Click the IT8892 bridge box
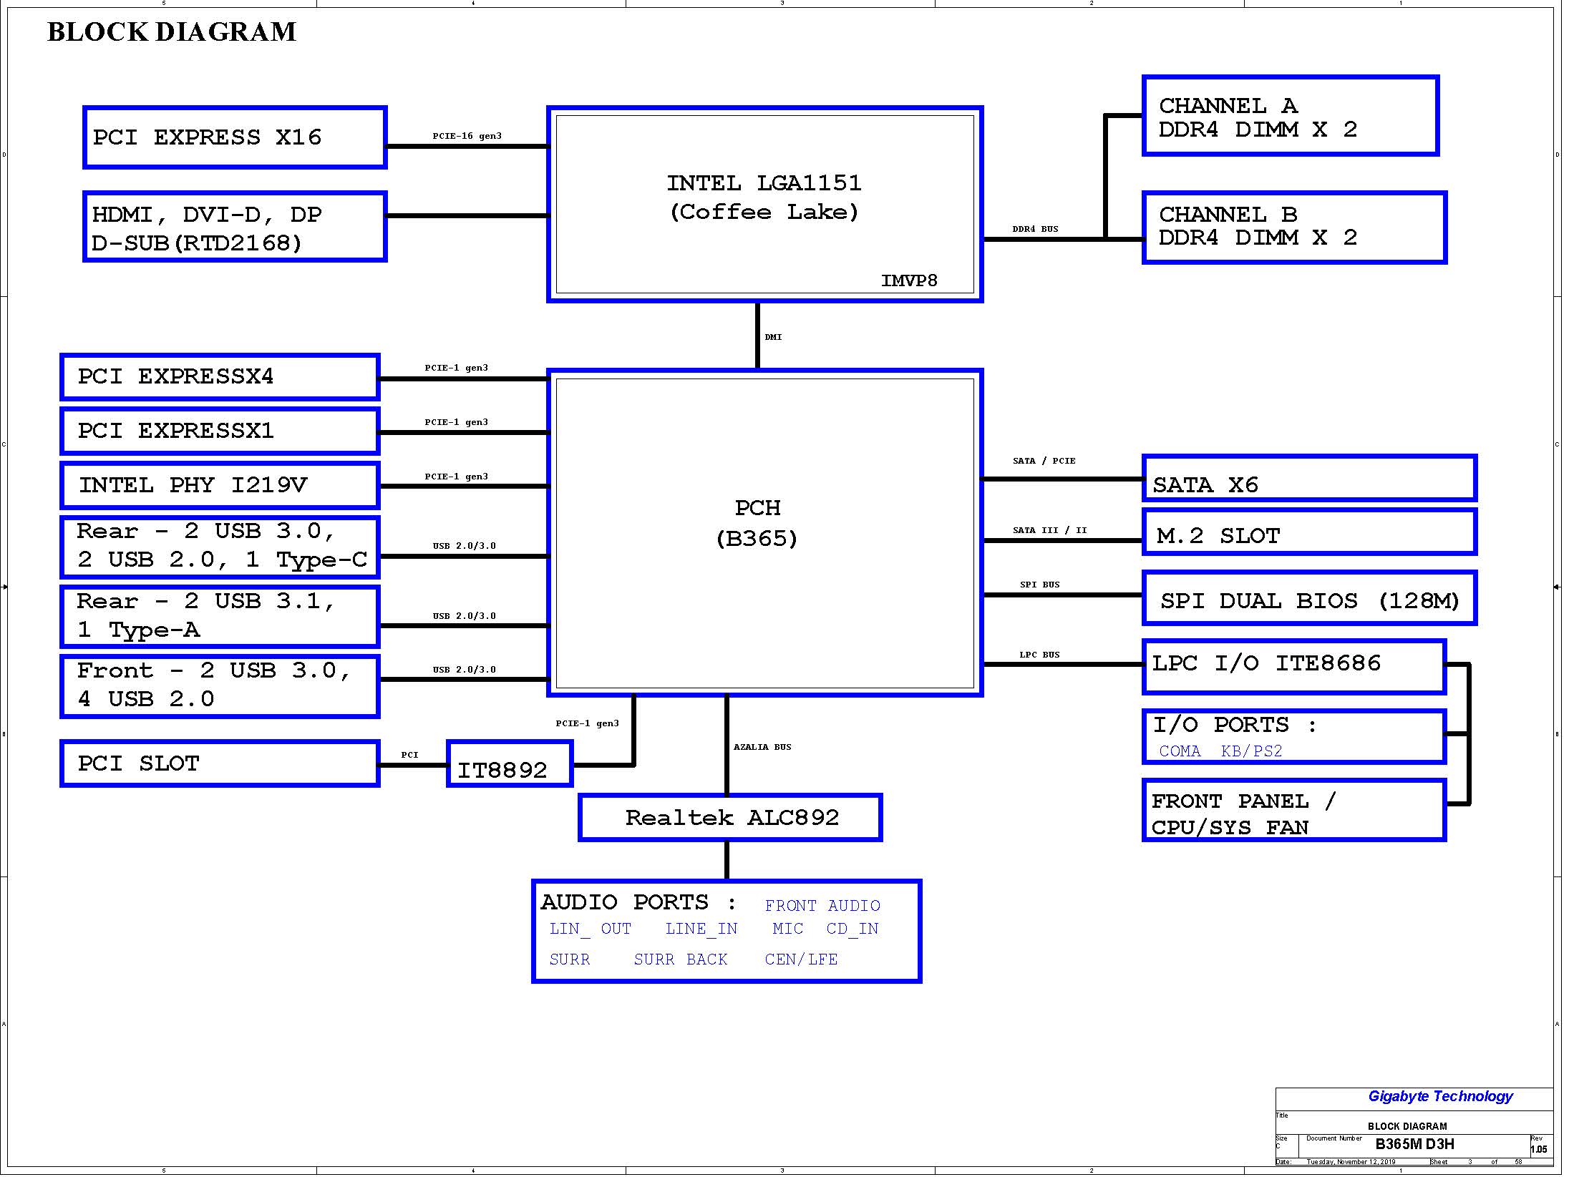click(510, 764)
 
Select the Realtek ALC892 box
click(730, 817)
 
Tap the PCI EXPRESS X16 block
click(235, 137)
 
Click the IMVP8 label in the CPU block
click(909, 280)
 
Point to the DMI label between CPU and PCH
click(773, 337)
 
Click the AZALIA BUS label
click(762, 747)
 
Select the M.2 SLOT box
click(1309, 532)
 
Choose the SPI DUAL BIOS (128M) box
click(1309, 598)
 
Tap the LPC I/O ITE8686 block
click(1294, 667)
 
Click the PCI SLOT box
click(220, 763)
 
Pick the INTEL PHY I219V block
click(220, 485)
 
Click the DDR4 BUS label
click(1035, 229)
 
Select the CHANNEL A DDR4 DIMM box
click(1291, 115)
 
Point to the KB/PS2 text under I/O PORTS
click(1251, 751)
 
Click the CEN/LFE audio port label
click(801, 959)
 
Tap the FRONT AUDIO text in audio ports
click(822, 906)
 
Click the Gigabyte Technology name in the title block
click(1440, 1097)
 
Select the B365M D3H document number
click(1414, 1144)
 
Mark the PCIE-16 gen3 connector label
click(467, 136)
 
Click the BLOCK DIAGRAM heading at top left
click(172, 32)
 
